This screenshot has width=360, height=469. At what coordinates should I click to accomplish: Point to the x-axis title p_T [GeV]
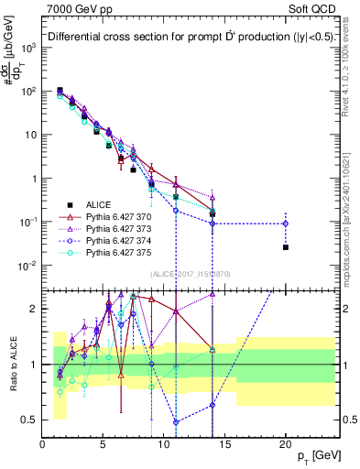pos(313,456)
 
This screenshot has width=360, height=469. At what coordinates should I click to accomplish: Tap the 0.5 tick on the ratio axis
pos(30,420)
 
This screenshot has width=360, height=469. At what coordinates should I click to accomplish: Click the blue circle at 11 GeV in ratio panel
pos(176,422)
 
